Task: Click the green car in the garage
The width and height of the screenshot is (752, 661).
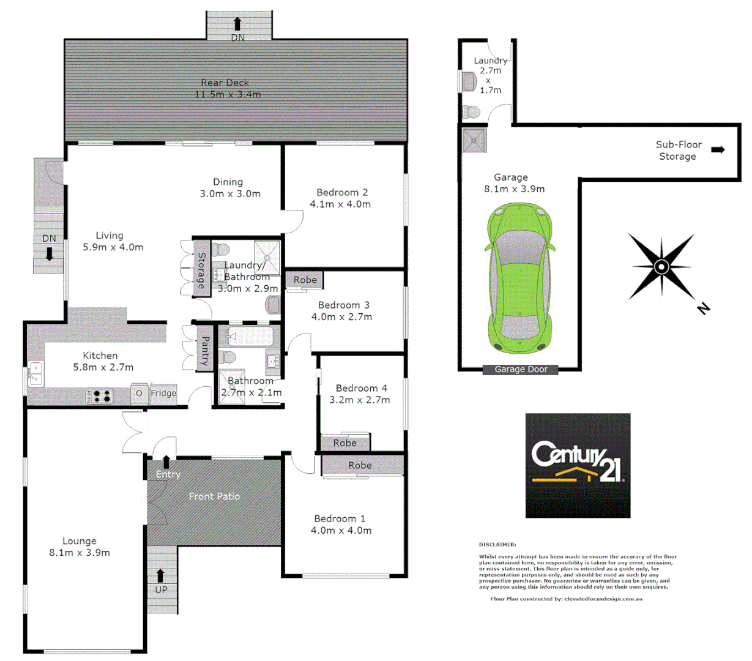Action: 520,279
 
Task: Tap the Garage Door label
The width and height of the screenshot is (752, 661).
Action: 521,369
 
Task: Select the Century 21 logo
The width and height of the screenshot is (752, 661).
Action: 578,465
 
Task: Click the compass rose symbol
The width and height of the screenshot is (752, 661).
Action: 661,267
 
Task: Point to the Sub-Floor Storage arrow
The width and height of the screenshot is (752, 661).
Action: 718,149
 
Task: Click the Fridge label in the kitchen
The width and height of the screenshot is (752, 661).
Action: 163,394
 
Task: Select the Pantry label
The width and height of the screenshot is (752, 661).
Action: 205,351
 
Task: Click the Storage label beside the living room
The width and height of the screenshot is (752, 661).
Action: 201,271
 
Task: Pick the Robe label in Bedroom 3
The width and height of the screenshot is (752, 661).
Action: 305,280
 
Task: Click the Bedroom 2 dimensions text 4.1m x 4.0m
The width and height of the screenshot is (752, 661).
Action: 340,204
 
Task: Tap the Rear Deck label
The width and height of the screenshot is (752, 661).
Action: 225,83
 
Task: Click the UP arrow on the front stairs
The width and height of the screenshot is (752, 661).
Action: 160,576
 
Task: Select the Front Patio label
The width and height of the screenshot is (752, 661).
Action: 214,496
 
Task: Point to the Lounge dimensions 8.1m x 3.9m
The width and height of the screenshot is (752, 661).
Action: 80,553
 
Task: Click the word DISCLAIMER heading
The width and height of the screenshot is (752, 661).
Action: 497,544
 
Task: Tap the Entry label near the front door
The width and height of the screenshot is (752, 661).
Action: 168,474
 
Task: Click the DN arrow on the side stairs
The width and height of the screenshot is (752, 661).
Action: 50,253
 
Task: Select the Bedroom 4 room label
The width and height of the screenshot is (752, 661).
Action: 361,388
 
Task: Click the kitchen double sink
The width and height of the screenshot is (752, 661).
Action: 35,374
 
